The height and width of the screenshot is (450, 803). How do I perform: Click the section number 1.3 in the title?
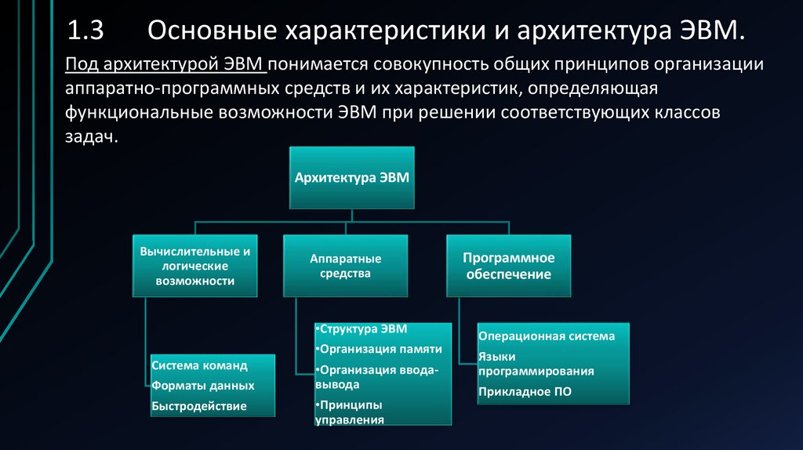[x=85, y=32]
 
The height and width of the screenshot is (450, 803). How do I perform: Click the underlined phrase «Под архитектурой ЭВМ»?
[x=167, y=64]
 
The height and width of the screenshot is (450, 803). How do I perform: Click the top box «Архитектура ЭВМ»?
[x=351, y=177]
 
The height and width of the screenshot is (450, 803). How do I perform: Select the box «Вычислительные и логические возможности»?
[x=195, y=267]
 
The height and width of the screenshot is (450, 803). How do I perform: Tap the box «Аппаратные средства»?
[x=346, y=266]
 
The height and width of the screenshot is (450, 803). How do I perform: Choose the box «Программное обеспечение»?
[x=509, y=266]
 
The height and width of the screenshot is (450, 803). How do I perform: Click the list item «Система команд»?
[x=200, y=366]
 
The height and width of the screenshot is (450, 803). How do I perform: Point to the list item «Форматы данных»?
[x=203, y=386]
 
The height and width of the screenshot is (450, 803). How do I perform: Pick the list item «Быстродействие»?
[x=199, y=405]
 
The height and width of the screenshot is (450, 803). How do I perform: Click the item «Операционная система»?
[x=547, y=336]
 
